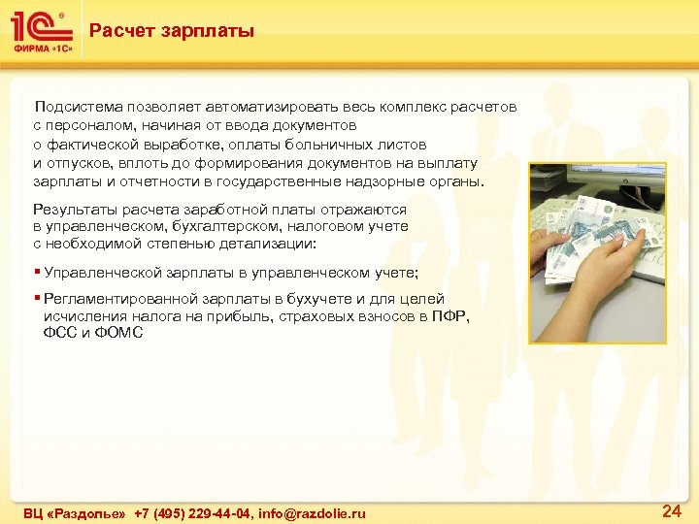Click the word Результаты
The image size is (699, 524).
point(72,209)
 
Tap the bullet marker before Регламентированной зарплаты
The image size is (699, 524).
point(37,299)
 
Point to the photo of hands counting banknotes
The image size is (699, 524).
point(597,252)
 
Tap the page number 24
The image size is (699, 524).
point(671,508)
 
